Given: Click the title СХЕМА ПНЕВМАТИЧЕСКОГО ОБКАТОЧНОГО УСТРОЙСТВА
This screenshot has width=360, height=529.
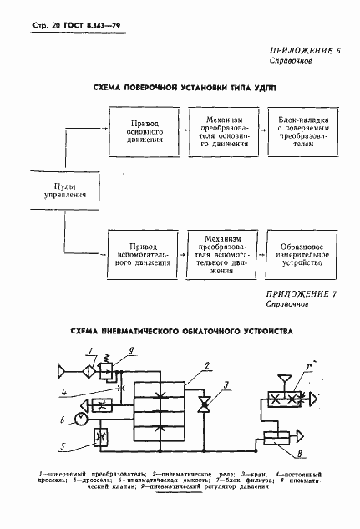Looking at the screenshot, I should [179, 331].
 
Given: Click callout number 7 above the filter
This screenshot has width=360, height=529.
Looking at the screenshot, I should [90, 348].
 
